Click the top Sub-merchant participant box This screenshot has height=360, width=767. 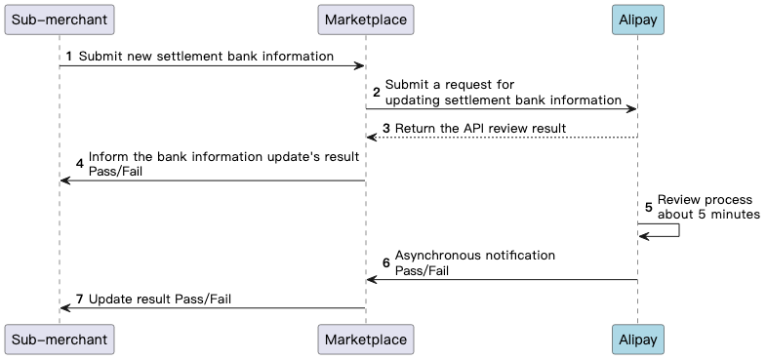click(x=59, y=19)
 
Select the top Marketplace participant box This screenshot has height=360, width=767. click(x=366, y=19)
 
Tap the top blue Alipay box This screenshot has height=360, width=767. click(x=637, y=19)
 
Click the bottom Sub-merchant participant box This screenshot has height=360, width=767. click(x=59, y=339)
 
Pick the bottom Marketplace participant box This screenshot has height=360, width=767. click(x=366, y=339)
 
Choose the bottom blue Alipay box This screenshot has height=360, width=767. click(x=637, y=339)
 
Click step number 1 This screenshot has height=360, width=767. click(x=69, y=57)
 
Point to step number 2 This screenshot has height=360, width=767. click(x=376, y=92)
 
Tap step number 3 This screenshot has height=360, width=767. click(x=386, y=129)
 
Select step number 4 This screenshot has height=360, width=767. click(x=80, y=164)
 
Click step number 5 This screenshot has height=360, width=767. click(x=648, y=207)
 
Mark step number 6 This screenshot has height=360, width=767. click(x=385, y=262)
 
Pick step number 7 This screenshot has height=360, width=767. click(x=80, y=299)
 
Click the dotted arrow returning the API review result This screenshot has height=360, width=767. click(x=502, y=138)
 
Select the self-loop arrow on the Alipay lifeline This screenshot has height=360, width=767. click(x=676, y=230)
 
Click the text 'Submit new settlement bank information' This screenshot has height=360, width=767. click(x=206, y=57)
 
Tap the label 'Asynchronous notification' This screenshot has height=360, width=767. click(x=475, y=256)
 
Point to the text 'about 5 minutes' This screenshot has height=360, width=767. click(x=707, y=215)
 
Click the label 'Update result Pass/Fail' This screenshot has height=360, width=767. click(x=160, y=299)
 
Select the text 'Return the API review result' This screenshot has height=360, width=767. click(x=480, y=129)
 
